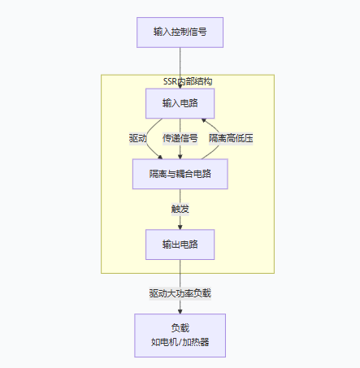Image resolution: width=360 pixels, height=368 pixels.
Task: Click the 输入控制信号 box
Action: click(180, 32)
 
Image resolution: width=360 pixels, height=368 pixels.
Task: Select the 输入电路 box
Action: click(180, 103)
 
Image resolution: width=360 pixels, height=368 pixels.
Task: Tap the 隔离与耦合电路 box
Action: click(180, 173)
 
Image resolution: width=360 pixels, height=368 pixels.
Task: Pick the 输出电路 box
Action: click(180, 244)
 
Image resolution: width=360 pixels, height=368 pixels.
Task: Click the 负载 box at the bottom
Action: click(180, 335)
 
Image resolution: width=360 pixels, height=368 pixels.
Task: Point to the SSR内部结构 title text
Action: click(188, 82)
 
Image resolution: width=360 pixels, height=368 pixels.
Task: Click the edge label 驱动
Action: click(138, 138)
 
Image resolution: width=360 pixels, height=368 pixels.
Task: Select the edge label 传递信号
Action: click(180, 138)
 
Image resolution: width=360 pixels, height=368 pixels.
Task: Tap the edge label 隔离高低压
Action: click(232, 138)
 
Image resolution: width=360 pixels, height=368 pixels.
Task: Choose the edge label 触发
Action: click(180, 208)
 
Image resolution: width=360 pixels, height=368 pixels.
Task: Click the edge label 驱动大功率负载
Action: click(180, 292)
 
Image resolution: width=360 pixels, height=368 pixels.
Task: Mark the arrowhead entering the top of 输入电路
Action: click(180, 84)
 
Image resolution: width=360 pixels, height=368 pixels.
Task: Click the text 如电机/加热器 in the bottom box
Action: click(180, 342)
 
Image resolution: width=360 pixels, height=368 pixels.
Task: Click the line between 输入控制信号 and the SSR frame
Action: click(180, 61)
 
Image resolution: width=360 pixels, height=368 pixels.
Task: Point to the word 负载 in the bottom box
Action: click(180, 327)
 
